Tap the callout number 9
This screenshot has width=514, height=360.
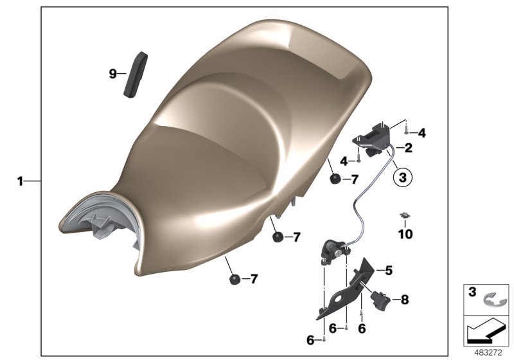coord(112,74)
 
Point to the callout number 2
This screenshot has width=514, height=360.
coord(408,148)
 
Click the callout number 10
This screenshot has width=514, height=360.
coord(405,235)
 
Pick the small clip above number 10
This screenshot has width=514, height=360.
coord(405,215)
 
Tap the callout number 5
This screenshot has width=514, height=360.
coord(388,271)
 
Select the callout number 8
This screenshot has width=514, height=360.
coord(404,299)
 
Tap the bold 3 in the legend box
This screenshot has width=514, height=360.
coord(472,292)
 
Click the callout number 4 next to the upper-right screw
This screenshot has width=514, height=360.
coord(421,134)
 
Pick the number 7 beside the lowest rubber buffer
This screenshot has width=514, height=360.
coord(253,279)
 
